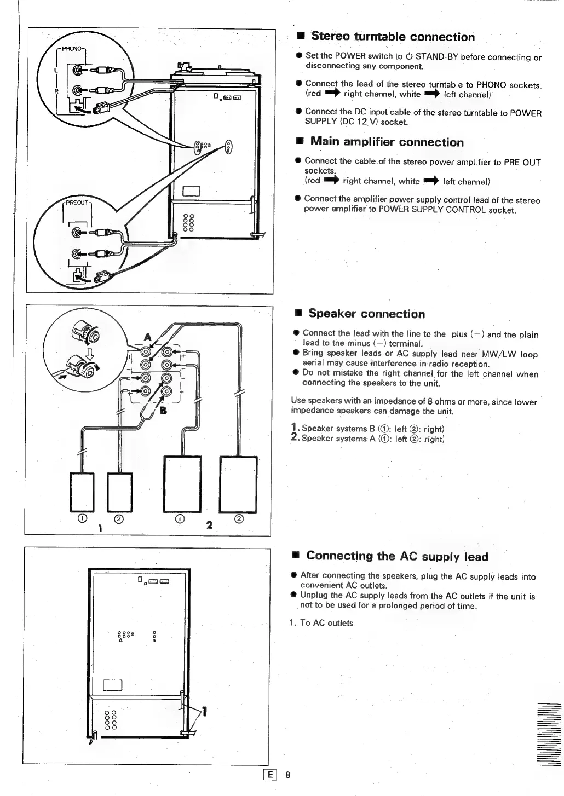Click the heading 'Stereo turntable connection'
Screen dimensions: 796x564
point(393,37)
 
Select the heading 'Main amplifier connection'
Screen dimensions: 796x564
point(387,142)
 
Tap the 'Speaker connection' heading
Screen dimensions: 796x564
point(366,314)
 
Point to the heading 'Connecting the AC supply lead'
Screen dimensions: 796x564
point(397,557)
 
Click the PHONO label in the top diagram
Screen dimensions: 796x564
point(71,49)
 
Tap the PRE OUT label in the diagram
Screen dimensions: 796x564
point(77,203)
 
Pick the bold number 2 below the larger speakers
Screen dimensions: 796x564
point(209,526)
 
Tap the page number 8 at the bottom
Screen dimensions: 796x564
point(287,775)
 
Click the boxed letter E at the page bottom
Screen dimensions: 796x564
point(269,775)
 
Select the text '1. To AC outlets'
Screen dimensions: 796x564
point(321,623)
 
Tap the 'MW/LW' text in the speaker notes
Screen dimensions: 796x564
point(498,354)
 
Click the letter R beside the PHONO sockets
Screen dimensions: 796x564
point(56,91)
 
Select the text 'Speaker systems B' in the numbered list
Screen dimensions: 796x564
point(338,429)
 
